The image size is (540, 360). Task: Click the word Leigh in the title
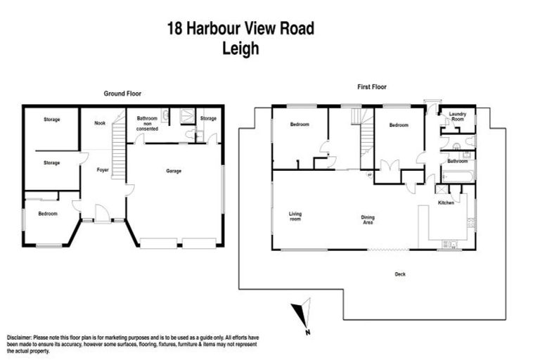(240, 49)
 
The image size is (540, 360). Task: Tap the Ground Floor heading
(123, 94)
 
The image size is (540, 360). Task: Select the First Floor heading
(371, 87)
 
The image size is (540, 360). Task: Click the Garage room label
(174, 171)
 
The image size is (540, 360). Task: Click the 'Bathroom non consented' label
(148, 124)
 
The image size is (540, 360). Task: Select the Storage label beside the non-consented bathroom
(209, 119)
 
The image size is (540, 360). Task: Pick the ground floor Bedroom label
(48, 214)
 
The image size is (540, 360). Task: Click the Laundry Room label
(458, 117)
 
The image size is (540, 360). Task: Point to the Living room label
(295, 217)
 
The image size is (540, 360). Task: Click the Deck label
(399, 274)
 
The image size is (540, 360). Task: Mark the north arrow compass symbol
(302, 314)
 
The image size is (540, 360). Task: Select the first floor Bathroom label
(458, 161)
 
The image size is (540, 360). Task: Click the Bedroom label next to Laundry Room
(399, 125)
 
